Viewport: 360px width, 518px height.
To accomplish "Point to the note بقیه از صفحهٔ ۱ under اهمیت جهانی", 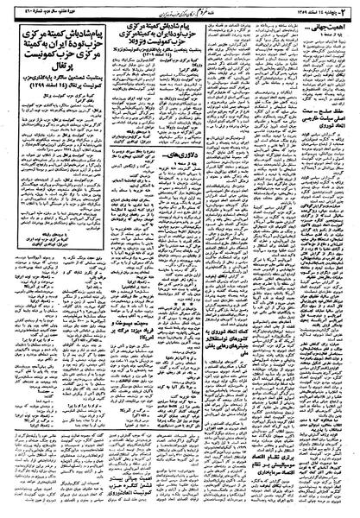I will pos(338,30).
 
